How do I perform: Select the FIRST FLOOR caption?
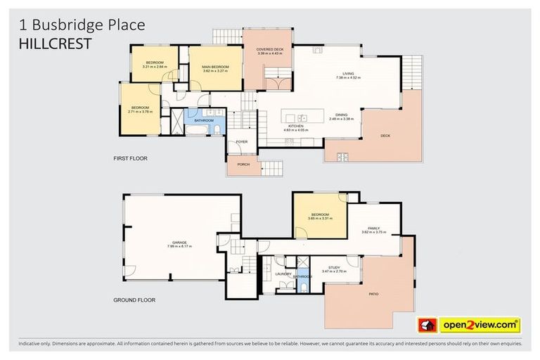130,159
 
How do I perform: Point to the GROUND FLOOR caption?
134,300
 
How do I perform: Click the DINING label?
341,116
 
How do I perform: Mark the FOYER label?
242,142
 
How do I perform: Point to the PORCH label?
243,165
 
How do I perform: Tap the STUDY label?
335,268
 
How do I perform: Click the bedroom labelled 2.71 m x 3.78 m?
141,108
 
